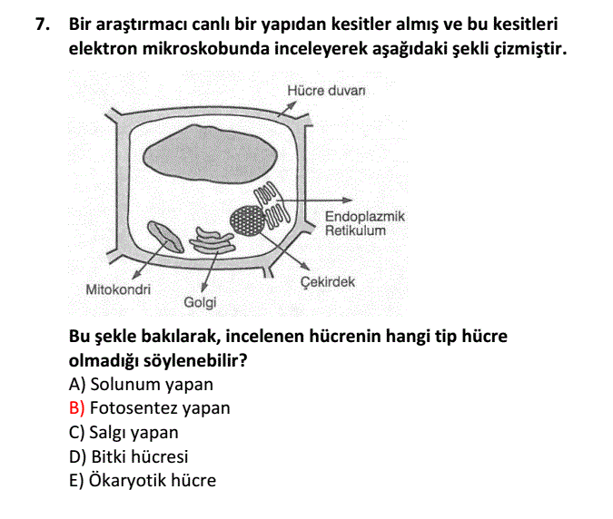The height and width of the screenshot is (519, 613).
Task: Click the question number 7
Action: (42, 24)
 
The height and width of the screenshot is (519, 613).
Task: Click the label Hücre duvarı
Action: (326, 91)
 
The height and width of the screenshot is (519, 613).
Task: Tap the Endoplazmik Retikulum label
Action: (365, 223)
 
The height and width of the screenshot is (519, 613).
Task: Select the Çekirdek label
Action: (328, 282)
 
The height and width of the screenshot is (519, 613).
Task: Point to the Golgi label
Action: (200, 303)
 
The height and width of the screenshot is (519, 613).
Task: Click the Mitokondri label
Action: (118, 289)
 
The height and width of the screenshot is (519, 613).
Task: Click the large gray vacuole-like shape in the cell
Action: (211, 154)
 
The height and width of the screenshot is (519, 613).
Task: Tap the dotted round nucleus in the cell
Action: (247, 221)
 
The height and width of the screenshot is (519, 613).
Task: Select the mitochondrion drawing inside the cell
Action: (165, 237)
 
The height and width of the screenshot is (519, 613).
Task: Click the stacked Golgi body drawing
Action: (213, 241)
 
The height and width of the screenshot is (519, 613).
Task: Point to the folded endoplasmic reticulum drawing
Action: (272, 205)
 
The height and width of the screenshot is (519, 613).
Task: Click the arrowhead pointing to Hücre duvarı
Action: (292, 105)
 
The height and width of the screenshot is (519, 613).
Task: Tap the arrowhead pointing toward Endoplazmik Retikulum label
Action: (347, 200)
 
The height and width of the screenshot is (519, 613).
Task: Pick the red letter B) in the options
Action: (76, 408)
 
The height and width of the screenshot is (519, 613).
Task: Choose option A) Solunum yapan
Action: (141, 385)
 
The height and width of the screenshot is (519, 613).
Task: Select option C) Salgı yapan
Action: (124, 433)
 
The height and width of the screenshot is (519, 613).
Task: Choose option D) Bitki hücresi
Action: (128, 456)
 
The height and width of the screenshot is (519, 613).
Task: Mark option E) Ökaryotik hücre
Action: (143, 480)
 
